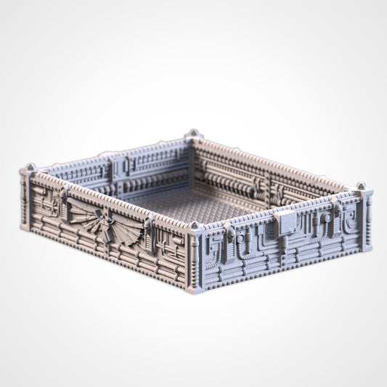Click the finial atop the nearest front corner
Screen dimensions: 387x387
click(x=194, y=226)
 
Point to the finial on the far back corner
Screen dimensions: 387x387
click(x=192, y=134)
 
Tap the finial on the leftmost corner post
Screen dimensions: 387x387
click(x=29, y=168)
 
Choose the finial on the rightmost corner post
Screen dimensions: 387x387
click(x=361, y=187)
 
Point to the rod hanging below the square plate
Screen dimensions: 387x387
click(x=282, y=250)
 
